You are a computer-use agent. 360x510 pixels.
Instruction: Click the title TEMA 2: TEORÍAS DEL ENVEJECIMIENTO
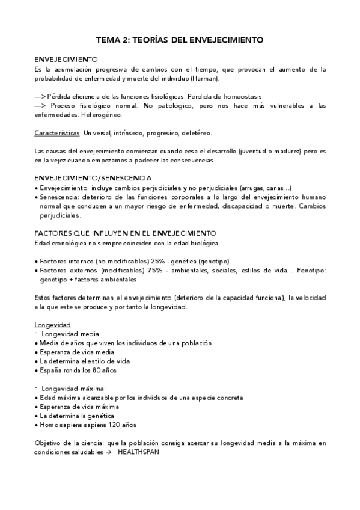[180, 41]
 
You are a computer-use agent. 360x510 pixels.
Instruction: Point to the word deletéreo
[194, 132]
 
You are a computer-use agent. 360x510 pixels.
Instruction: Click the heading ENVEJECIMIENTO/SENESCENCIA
[93, 179]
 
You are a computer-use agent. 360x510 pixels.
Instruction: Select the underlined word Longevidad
[53, 325]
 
